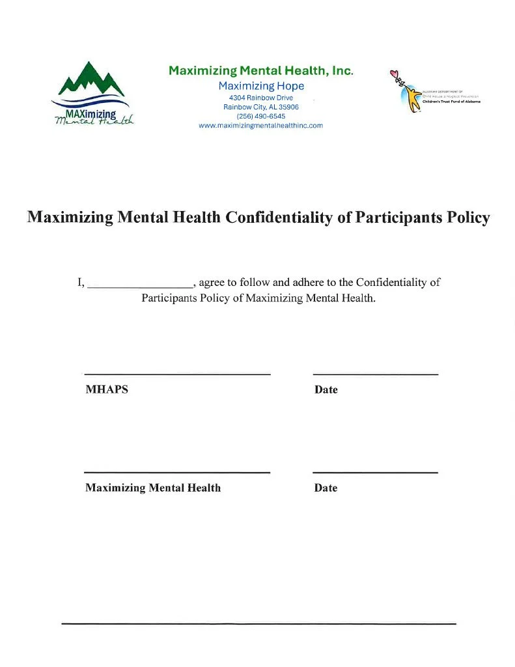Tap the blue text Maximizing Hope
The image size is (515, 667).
pyautogui.click(x=261, y=86)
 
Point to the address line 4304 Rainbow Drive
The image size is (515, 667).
pyautogui.click(x=260, y=98)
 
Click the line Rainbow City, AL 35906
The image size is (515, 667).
pyautogui.click(x=260, y=107)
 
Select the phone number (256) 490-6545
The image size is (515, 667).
pyautogui.click(x=260, y=116)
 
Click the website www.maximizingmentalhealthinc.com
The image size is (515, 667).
pyautogui.click(x=260, y=126)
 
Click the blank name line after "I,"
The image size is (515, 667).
pyautogui.click(x=140, y=286)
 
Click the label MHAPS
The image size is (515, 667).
pyautogui.click(x=107, y=390)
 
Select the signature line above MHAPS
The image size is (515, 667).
pyautogui.click(x=177, y=374)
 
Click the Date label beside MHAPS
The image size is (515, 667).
pyautogui.click(x=326, y=390)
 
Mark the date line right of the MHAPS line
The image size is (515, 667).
pyautogui.click(x=375, y=374)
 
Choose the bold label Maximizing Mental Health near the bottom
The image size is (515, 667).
pyautogui.click(x=153, y=487)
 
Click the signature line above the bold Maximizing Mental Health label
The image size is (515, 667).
pyautogui.click(x=177, y=472)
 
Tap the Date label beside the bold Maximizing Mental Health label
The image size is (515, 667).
pyautogui.click(x=326, y=487)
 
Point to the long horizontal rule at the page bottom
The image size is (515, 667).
pyautogui.click(x=258, y=624)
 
